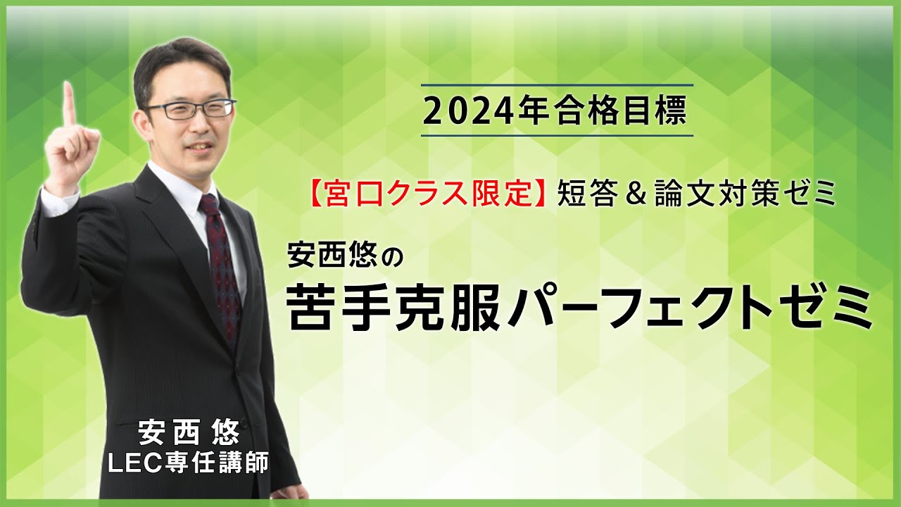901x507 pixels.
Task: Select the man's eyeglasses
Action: coord(189,109)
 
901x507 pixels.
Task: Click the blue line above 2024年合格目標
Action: coord(557,85)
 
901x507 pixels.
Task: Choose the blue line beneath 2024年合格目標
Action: coord(557,135)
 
